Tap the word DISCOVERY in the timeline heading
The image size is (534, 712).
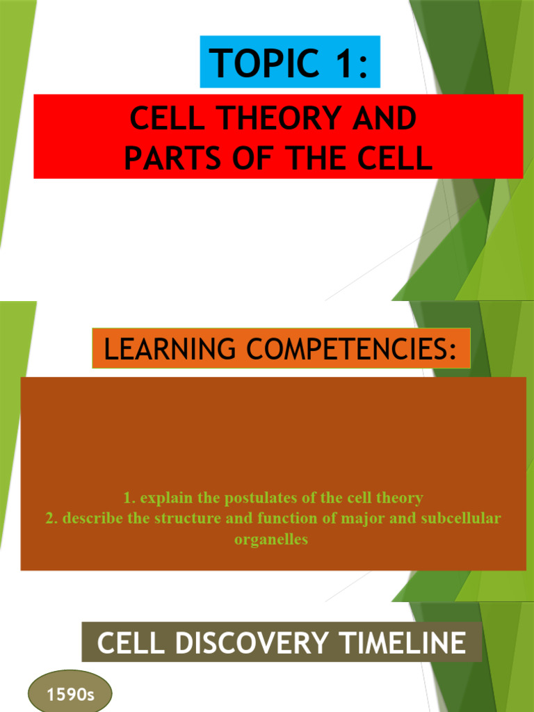coord(243,642)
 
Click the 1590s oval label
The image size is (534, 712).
coord(70,694)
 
